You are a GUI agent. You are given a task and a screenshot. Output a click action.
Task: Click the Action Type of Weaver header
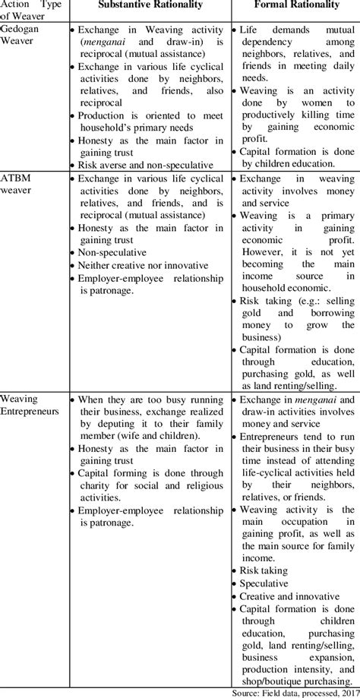click(x=32, y=10)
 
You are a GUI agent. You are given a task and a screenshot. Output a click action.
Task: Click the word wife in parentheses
click(x=128, y=435)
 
